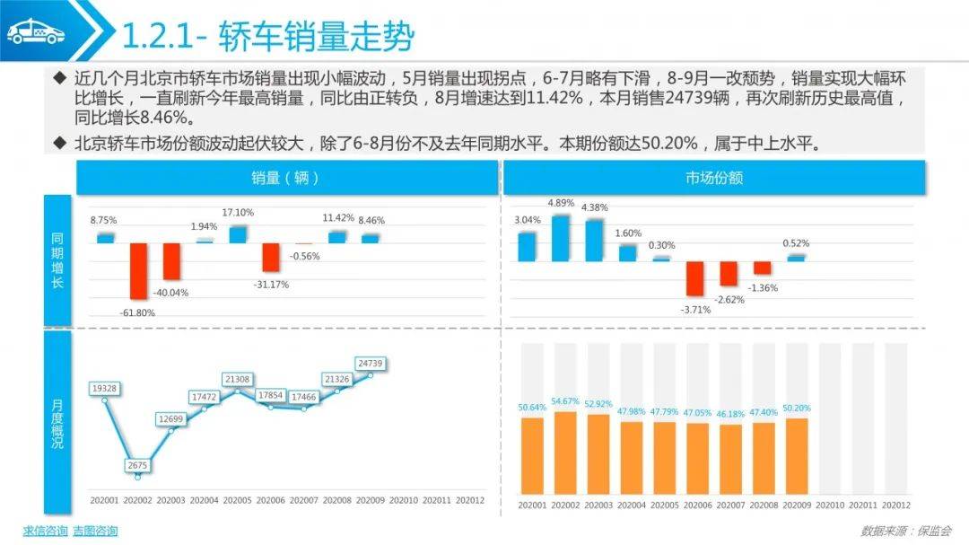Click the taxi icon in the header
[37, 33]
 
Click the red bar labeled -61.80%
[138, 270]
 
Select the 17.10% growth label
[238, 213]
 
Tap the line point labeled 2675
[138, 476]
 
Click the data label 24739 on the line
[370, 363]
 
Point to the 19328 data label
[105, 388]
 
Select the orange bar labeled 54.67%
[566, 453]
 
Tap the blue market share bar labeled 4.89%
[561, 238]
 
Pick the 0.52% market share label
[796, 243]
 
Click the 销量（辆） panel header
[287, 178]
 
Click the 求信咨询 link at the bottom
[45, 531]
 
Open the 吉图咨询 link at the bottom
[95, 531]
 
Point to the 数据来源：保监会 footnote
[905, 531]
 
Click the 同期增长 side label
[58, 260]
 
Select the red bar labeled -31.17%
[271, 257]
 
